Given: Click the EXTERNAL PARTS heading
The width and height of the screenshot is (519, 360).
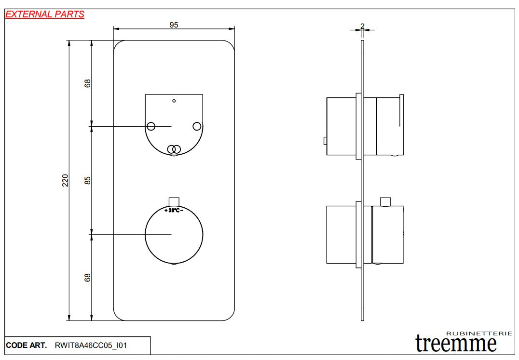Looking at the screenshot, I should tap(44, 14).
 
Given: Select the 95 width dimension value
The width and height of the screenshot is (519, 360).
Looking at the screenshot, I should tap(174, 25).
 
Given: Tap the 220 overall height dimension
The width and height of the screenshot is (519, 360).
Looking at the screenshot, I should tap(66, 180).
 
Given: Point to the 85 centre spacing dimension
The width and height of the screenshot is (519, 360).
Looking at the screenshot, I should tap(88, 180).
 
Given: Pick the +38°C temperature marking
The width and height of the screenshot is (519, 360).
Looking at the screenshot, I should tap(173, 211).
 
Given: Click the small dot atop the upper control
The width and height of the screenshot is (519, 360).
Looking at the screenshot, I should tap(174, 101).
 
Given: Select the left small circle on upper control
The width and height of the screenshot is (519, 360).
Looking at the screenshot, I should tap(151, 126).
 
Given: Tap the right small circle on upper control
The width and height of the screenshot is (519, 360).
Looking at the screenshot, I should tap(196, 126).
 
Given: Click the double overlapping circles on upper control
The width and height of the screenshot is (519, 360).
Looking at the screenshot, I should tap(174, 149).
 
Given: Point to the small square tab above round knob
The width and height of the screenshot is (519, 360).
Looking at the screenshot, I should tap(174, 201).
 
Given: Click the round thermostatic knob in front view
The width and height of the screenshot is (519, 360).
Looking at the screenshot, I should tap(174, 235).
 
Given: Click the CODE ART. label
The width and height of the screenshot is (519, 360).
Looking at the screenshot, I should tap(27, 346).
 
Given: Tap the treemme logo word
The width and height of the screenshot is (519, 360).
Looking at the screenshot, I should tap(456, 344).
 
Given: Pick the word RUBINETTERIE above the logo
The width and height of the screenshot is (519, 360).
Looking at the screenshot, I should tap(479, 333).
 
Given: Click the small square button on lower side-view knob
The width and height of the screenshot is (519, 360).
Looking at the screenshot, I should tap(385, 201).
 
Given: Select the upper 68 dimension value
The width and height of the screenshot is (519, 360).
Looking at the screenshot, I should tap(88, 83).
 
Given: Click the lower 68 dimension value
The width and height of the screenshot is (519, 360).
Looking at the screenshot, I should tap(88, 278).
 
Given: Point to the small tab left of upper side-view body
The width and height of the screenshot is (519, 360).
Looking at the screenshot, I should tap(325, 141).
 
